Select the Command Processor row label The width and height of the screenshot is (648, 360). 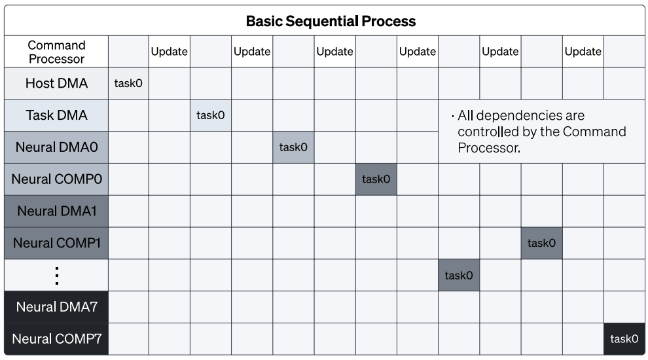[56, 52]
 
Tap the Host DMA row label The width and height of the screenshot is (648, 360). [56, 84]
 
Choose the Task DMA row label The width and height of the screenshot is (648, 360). [56, 115]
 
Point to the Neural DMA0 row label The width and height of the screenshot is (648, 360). [56, 147]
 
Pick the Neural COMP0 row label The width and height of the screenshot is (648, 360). [56, 179]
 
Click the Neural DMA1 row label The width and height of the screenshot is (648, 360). [56, 211]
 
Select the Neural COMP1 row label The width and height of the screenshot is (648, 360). [56, 243]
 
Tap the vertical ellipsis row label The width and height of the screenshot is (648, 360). [56, 276]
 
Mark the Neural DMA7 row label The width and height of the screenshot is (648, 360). [56, 307]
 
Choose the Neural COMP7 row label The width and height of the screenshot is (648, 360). [56, 339]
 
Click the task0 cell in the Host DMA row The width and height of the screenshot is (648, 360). [128, 84]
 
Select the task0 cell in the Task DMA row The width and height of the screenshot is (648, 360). [211, 115]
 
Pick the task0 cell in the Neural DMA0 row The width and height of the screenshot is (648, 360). [293, 147]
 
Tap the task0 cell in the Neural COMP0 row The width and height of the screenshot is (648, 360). [376, 179]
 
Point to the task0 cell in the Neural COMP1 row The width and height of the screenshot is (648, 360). [542, 243]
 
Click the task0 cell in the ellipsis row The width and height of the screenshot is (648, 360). [459, 276]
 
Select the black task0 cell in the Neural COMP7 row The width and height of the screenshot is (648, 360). [624, 339]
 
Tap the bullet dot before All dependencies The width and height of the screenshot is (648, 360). [453, 117]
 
